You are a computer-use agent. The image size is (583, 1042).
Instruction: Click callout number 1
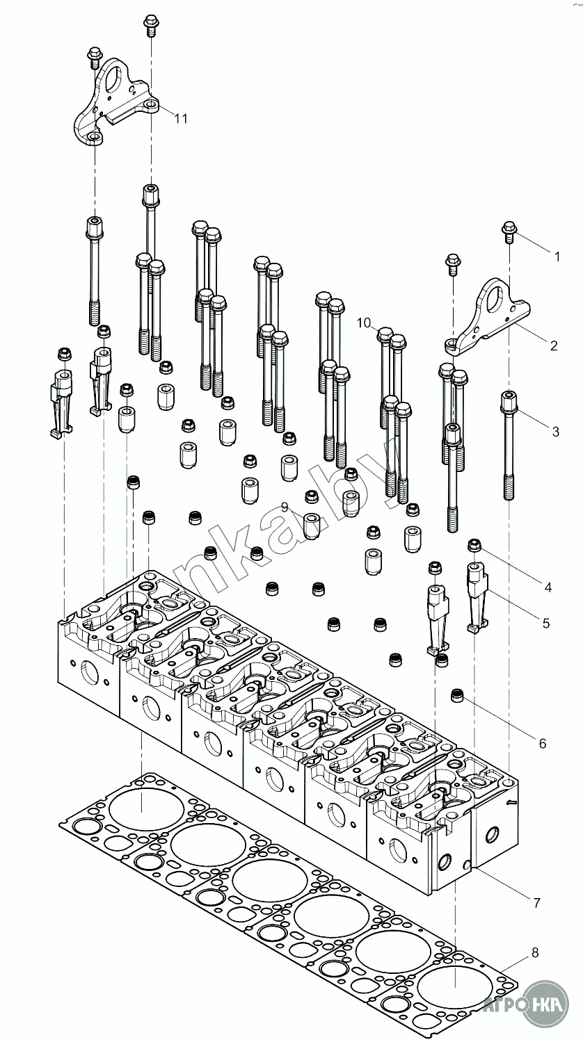pyautogui.click(x=556, y=257)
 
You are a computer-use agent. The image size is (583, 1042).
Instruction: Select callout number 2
pyautogui.click(x=553, y=345)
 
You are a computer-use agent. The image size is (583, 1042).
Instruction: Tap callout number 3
pyautogui.click(x=555, y=432)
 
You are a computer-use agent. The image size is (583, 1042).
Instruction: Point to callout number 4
pyautogui.click(x=548, y=587)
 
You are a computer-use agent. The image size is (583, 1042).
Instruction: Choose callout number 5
pyautogui.click(x=546, y=624)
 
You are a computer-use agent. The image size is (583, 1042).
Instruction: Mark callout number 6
pyautogui.click(x=542, y=743)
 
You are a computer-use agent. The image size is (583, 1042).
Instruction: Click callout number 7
pyautogui.click(x=536, y=903)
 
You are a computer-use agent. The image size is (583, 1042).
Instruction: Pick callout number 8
pyautogui.click(x=534, y=952)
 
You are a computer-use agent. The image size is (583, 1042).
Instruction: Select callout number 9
pyautogui.click(x=285, y=507)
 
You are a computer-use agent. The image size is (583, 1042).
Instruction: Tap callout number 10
pyautogui.click(x=364, y=323)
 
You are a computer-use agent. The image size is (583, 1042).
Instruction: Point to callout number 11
pyautogui.click(x=181, y=119)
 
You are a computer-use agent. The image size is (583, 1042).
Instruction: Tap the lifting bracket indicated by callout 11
pyautogui.click(x=115, y=104)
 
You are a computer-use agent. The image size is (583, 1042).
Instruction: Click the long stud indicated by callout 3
pyautogui.click(x=509, y=445)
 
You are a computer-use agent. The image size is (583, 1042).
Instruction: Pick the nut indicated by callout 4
pyautogui.click(x=475, y=545)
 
